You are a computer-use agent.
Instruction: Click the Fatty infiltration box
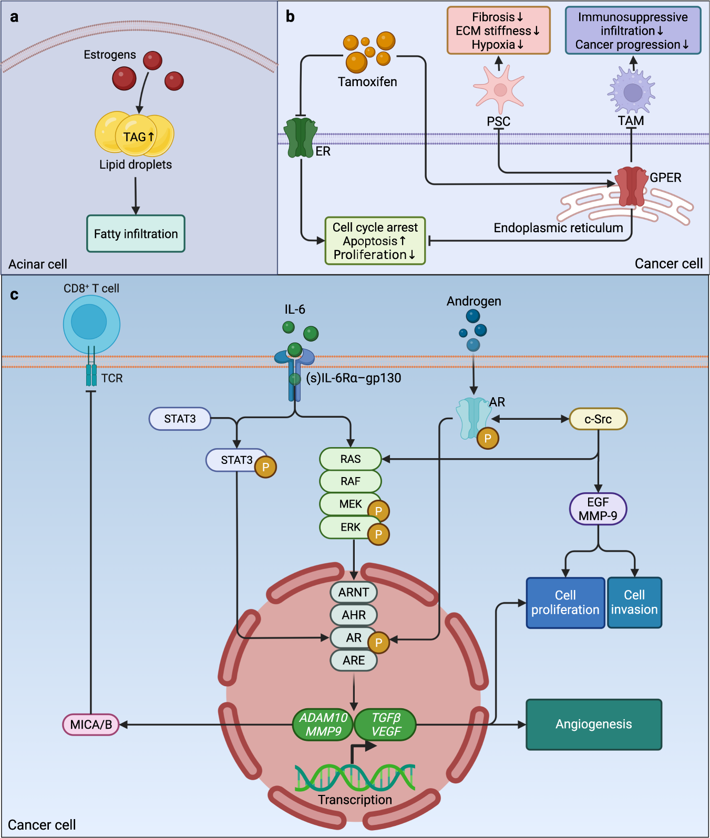136,234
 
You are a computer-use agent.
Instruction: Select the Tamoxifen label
367,82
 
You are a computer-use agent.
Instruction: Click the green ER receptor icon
301,138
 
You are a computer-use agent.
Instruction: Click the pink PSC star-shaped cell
499,90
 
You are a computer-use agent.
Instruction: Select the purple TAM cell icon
632,92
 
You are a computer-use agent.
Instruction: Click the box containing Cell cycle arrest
375,241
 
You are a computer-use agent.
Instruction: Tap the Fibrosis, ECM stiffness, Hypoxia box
498,30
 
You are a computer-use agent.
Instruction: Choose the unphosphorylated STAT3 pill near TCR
180,419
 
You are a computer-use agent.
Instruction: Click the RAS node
350,459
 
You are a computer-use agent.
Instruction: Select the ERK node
350,527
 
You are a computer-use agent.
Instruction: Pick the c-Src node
598,419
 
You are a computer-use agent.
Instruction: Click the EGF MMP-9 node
598,509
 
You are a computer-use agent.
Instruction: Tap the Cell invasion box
634,603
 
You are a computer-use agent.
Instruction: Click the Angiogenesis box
594,725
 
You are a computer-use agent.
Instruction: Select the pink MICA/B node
91,725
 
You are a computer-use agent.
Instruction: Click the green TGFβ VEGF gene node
386,725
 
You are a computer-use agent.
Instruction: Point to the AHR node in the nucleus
354,615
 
